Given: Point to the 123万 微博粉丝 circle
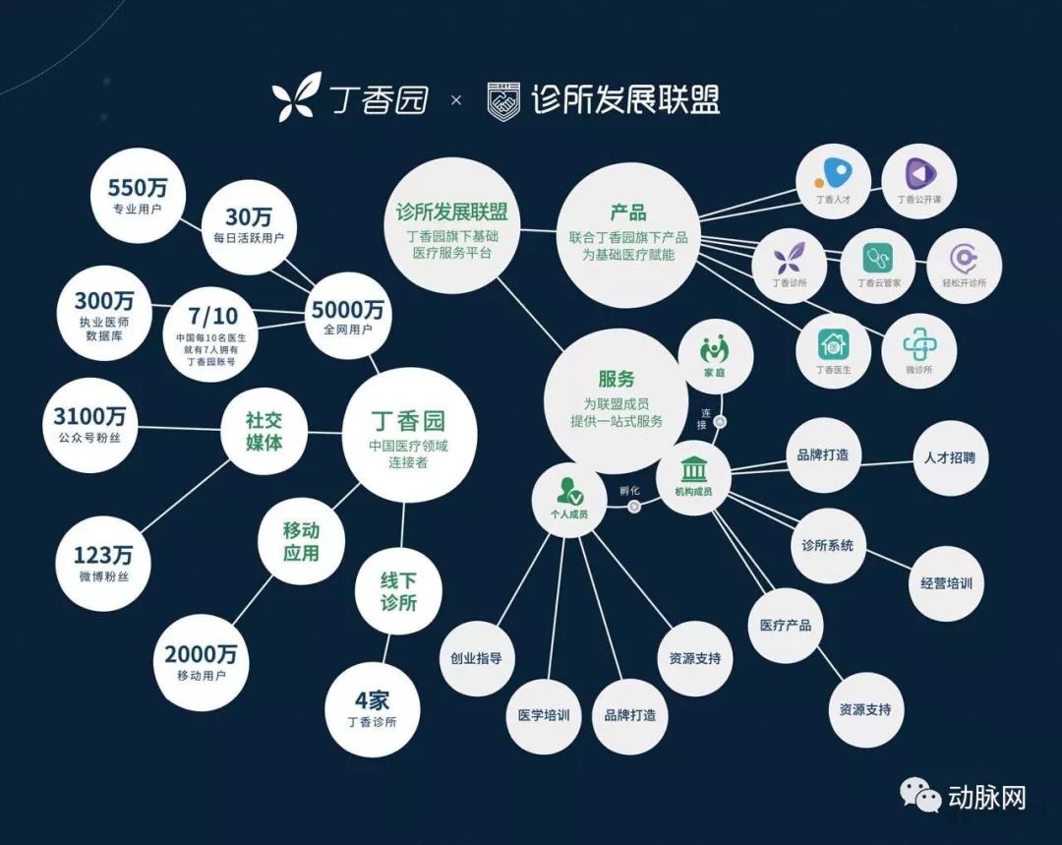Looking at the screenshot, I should pyautogui.click(x=102, y=562).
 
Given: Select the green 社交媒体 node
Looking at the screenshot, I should pyautogui.click(x=265, y=431).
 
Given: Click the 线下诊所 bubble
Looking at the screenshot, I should pyautogui.click(x=398, y=590).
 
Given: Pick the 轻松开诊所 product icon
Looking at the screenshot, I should pyautogui.click(x=964, y=259).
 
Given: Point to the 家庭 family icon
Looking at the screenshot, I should pyautogui.click(x=715, y=348).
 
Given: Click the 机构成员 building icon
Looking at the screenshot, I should pyautogui.click(x=693, y=471).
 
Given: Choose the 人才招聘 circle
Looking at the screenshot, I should pyautogui.click(x=950, y=457).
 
